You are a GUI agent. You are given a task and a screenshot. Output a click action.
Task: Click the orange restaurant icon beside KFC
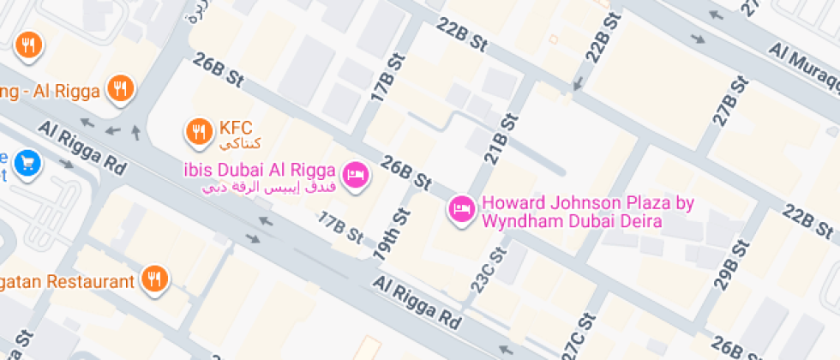pyautogui.click(x=199, y=131)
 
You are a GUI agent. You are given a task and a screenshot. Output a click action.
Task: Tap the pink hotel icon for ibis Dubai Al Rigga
pyautogui.click(x=355, y=176)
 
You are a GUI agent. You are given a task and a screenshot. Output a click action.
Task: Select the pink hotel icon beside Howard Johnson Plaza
pyautogui.click(x=462, y=208)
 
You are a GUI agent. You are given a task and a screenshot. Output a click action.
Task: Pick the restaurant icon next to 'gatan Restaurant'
pyautogui.click(x=154, y=279)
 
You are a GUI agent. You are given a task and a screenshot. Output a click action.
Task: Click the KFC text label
pyautogui.click(x=236, y=128)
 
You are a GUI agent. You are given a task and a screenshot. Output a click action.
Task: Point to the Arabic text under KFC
pyautogui.click(x=239, y=143)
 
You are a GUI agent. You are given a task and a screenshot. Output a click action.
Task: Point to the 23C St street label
pyautogui.click(x=486, y=269)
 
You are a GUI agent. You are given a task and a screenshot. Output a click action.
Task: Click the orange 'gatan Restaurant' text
pyautogui.click(x=68, y=281)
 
